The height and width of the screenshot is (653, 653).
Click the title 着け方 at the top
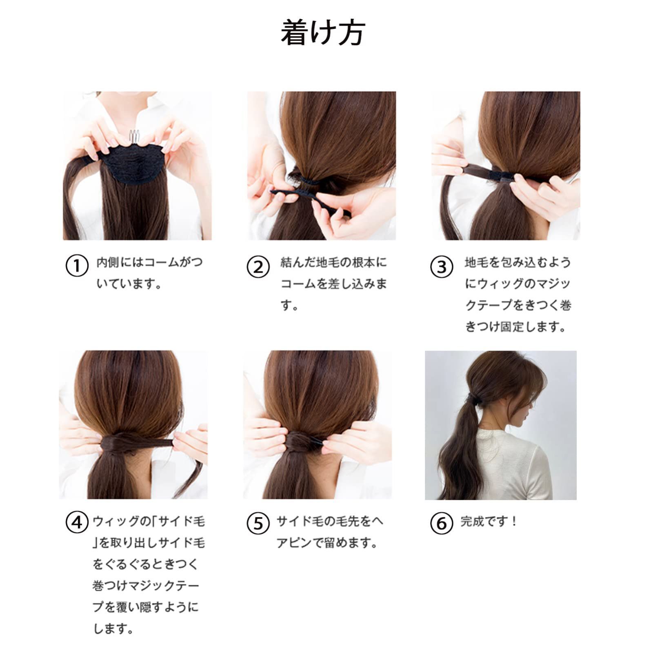click(x=322, y=33)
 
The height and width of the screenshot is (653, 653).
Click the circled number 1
click(x=77, y=266)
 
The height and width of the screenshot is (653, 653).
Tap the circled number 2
click(x=258, y=267)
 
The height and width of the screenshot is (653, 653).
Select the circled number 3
click(x=442, y=267)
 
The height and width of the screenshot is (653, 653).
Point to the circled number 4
click(x=77, y=523)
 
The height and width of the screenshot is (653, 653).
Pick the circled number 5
click(x=258, y=523)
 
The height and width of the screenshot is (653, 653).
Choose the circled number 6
click(x=442, y=523)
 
